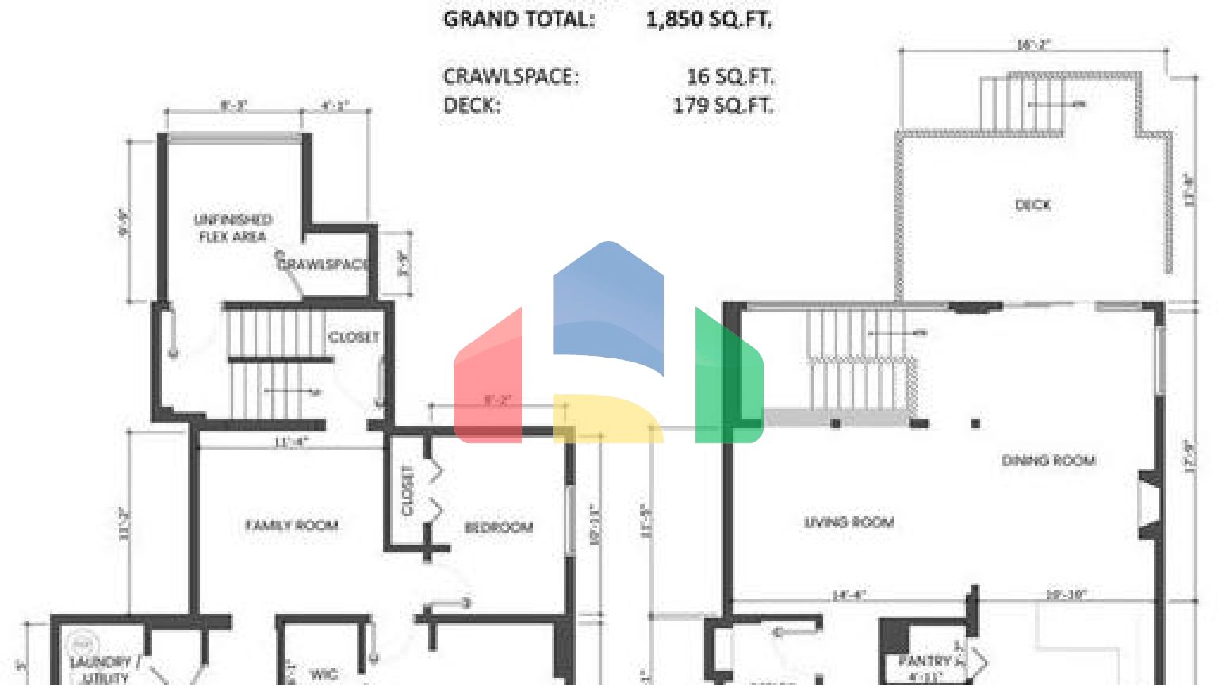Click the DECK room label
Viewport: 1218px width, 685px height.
click(1032, 205)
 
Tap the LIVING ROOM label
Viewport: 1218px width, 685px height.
click(849, 522)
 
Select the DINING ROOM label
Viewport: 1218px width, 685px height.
click(1048, 461)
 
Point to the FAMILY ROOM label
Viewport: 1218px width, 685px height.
click(292, 525)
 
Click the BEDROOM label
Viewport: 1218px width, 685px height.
click(498, 527)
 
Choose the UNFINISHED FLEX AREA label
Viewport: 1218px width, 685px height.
click(233, 228)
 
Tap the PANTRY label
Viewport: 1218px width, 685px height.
click(925, 661)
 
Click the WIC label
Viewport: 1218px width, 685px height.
click(324, 674)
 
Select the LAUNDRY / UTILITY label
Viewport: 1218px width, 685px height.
click(101, 669)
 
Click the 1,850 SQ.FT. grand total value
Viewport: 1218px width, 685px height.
click(708, 19)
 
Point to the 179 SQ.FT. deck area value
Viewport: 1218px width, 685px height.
click(722, 105)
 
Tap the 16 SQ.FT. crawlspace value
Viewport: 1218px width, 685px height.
click(730, 76)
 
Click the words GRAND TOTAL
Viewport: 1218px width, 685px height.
click(519, 19)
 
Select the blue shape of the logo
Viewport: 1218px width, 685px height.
click(608, 305)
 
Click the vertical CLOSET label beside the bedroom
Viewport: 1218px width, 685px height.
click(408, 491)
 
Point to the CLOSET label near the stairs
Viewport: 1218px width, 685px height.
click(354, 337)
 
